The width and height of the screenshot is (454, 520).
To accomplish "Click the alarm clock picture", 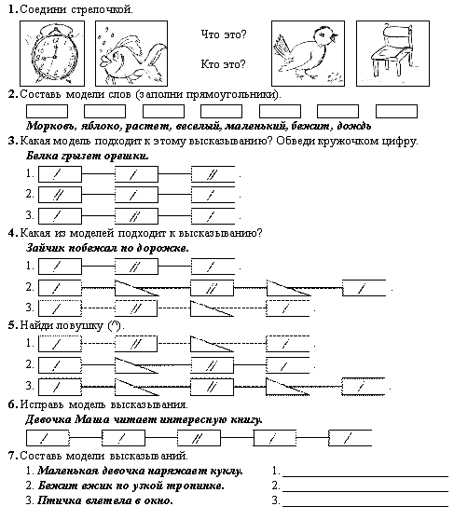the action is (52, 53).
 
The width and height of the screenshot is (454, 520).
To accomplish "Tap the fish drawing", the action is (131, 53).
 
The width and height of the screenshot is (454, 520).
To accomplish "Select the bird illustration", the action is (308, 53).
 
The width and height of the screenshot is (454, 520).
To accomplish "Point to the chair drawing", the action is (392, 53).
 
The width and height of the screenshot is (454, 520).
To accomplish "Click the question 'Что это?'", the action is (224, 34).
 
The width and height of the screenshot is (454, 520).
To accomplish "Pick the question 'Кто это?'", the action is (223, 64).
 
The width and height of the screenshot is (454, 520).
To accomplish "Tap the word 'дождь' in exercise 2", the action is (353, 126).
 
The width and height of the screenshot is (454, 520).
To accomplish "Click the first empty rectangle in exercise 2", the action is (48, 112).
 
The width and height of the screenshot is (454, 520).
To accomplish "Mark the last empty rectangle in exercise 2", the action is (396, 112).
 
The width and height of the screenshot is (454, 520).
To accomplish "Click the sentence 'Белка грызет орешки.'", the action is (88, 156).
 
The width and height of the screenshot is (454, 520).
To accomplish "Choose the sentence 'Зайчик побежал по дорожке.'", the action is (107, 248).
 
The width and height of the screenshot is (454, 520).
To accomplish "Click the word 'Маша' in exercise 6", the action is (92, 419).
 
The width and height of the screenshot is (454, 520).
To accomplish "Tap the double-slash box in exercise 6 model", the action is (199, 438).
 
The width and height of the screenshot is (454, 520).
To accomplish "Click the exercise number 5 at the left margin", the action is (13, 325).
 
